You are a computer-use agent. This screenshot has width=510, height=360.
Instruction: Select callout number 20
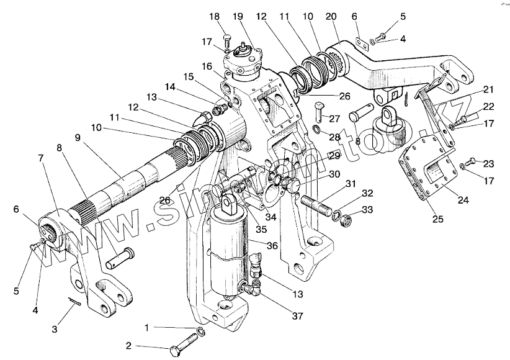tap(331, 17)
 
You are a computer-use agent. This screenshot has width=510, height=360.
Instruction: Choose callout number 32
tap(368, 193)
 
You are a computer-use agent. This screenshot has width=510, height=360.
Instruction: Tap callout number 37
tap(298, 317)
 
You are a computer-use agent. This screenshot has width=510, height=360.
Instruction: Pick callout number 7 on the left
tap(41, 158)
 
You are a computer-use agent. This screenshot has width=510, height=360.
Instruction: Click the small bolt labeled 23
tap(472, 162)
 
